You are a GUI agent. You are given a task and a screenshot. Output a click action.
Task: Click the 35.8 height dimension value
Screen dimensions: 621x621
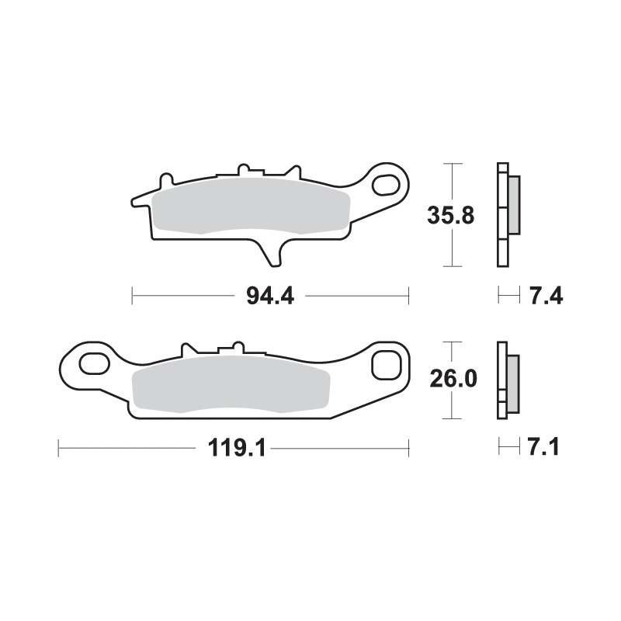450,216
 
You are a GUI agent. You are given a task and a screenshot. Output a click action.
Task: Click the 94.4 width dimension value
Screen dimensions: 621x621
269,296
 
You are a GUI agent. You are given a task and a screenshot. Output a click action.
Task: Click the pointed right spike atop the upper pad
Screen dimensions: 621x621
295,171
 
